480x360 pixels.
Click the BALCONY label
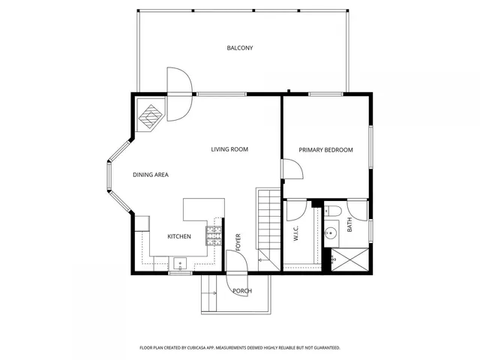tap(240, 48)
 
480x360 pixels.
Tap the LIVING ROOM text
tap(229, 149)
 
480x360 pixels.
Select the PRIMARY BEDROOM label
tap(325, 150)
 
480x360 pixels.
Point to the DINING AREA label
tap(151, 175)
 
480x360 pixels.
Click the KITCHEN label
tap(178, 237)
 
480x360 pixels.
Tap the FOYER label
tap(238, 241)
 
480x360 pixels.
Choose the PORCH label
tap(241, 291)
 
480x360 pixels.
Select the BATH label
tap(349, 224)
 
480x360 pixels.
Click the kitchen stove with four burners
tap(214, 236)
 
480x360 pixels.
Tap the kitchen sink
tap(179, 262)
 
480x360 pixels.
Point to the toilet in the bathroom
tap(334, 211)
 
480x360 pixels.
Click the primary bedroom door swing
tap(292, 170)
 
